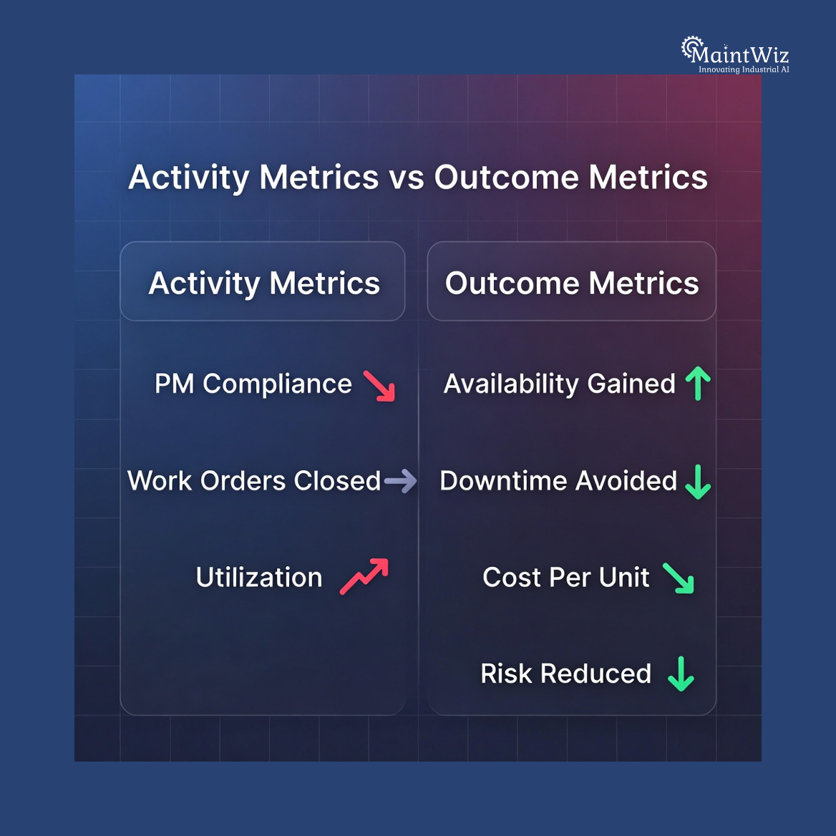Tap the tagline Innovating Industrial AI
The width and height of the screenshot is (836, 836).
[x=744, y=69]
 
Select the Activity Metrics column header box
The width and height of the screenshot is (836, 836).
[x=263, y=282]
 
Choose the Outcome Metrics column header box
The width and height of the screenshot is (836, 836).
[x=571, y=282]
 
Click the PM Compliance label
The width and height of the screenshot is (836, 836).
[x=253, y=384]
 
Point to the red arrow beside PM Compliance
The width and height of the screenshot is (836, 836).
[x=379, y=385]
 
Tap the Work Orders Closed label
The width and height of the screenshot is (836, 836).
[x=254, y=480]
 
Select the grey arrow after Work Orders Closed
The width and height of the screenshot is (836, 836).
[x=400, y=480]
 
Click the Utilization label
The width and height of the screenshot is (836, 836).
[x=259, y=577]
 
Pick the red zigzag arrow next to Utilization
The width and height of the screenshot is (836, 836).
[x=364, y=576]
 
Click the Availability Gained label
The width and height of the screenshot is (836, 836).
[x=560, y=384]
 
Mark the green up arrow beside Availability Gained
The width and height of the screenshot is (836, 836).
[x=698, y=383]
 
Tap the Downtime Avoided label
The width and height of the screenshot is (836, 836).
[x=558, y=480]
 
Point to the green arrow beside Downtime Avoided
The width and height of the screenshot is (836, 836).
[x=698, y=481]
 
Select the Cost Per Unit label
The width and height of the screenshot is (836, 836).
[x=566, y=577]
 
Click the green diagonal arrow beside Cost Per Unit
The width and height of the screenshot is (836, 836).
[x=679, y=578]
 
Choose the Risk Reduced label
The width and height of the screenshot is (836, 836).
[x=566, y=674]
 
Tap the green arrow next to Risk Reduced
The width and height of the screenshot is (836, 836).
[x=681, y=674]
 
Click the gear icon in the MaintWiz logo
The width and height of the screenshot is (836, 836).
[x=690, y=47]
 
